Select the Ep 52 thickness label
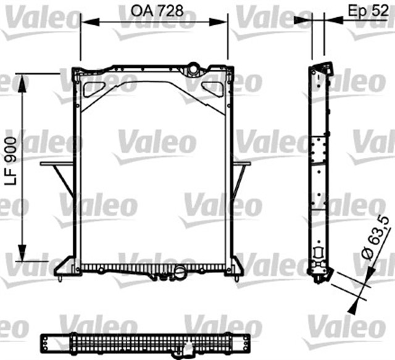[x=365, y=10]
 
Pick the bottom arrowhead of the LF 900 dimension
[x=23, y=254]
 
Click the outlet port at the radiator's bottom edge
[x=180, y=272]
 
